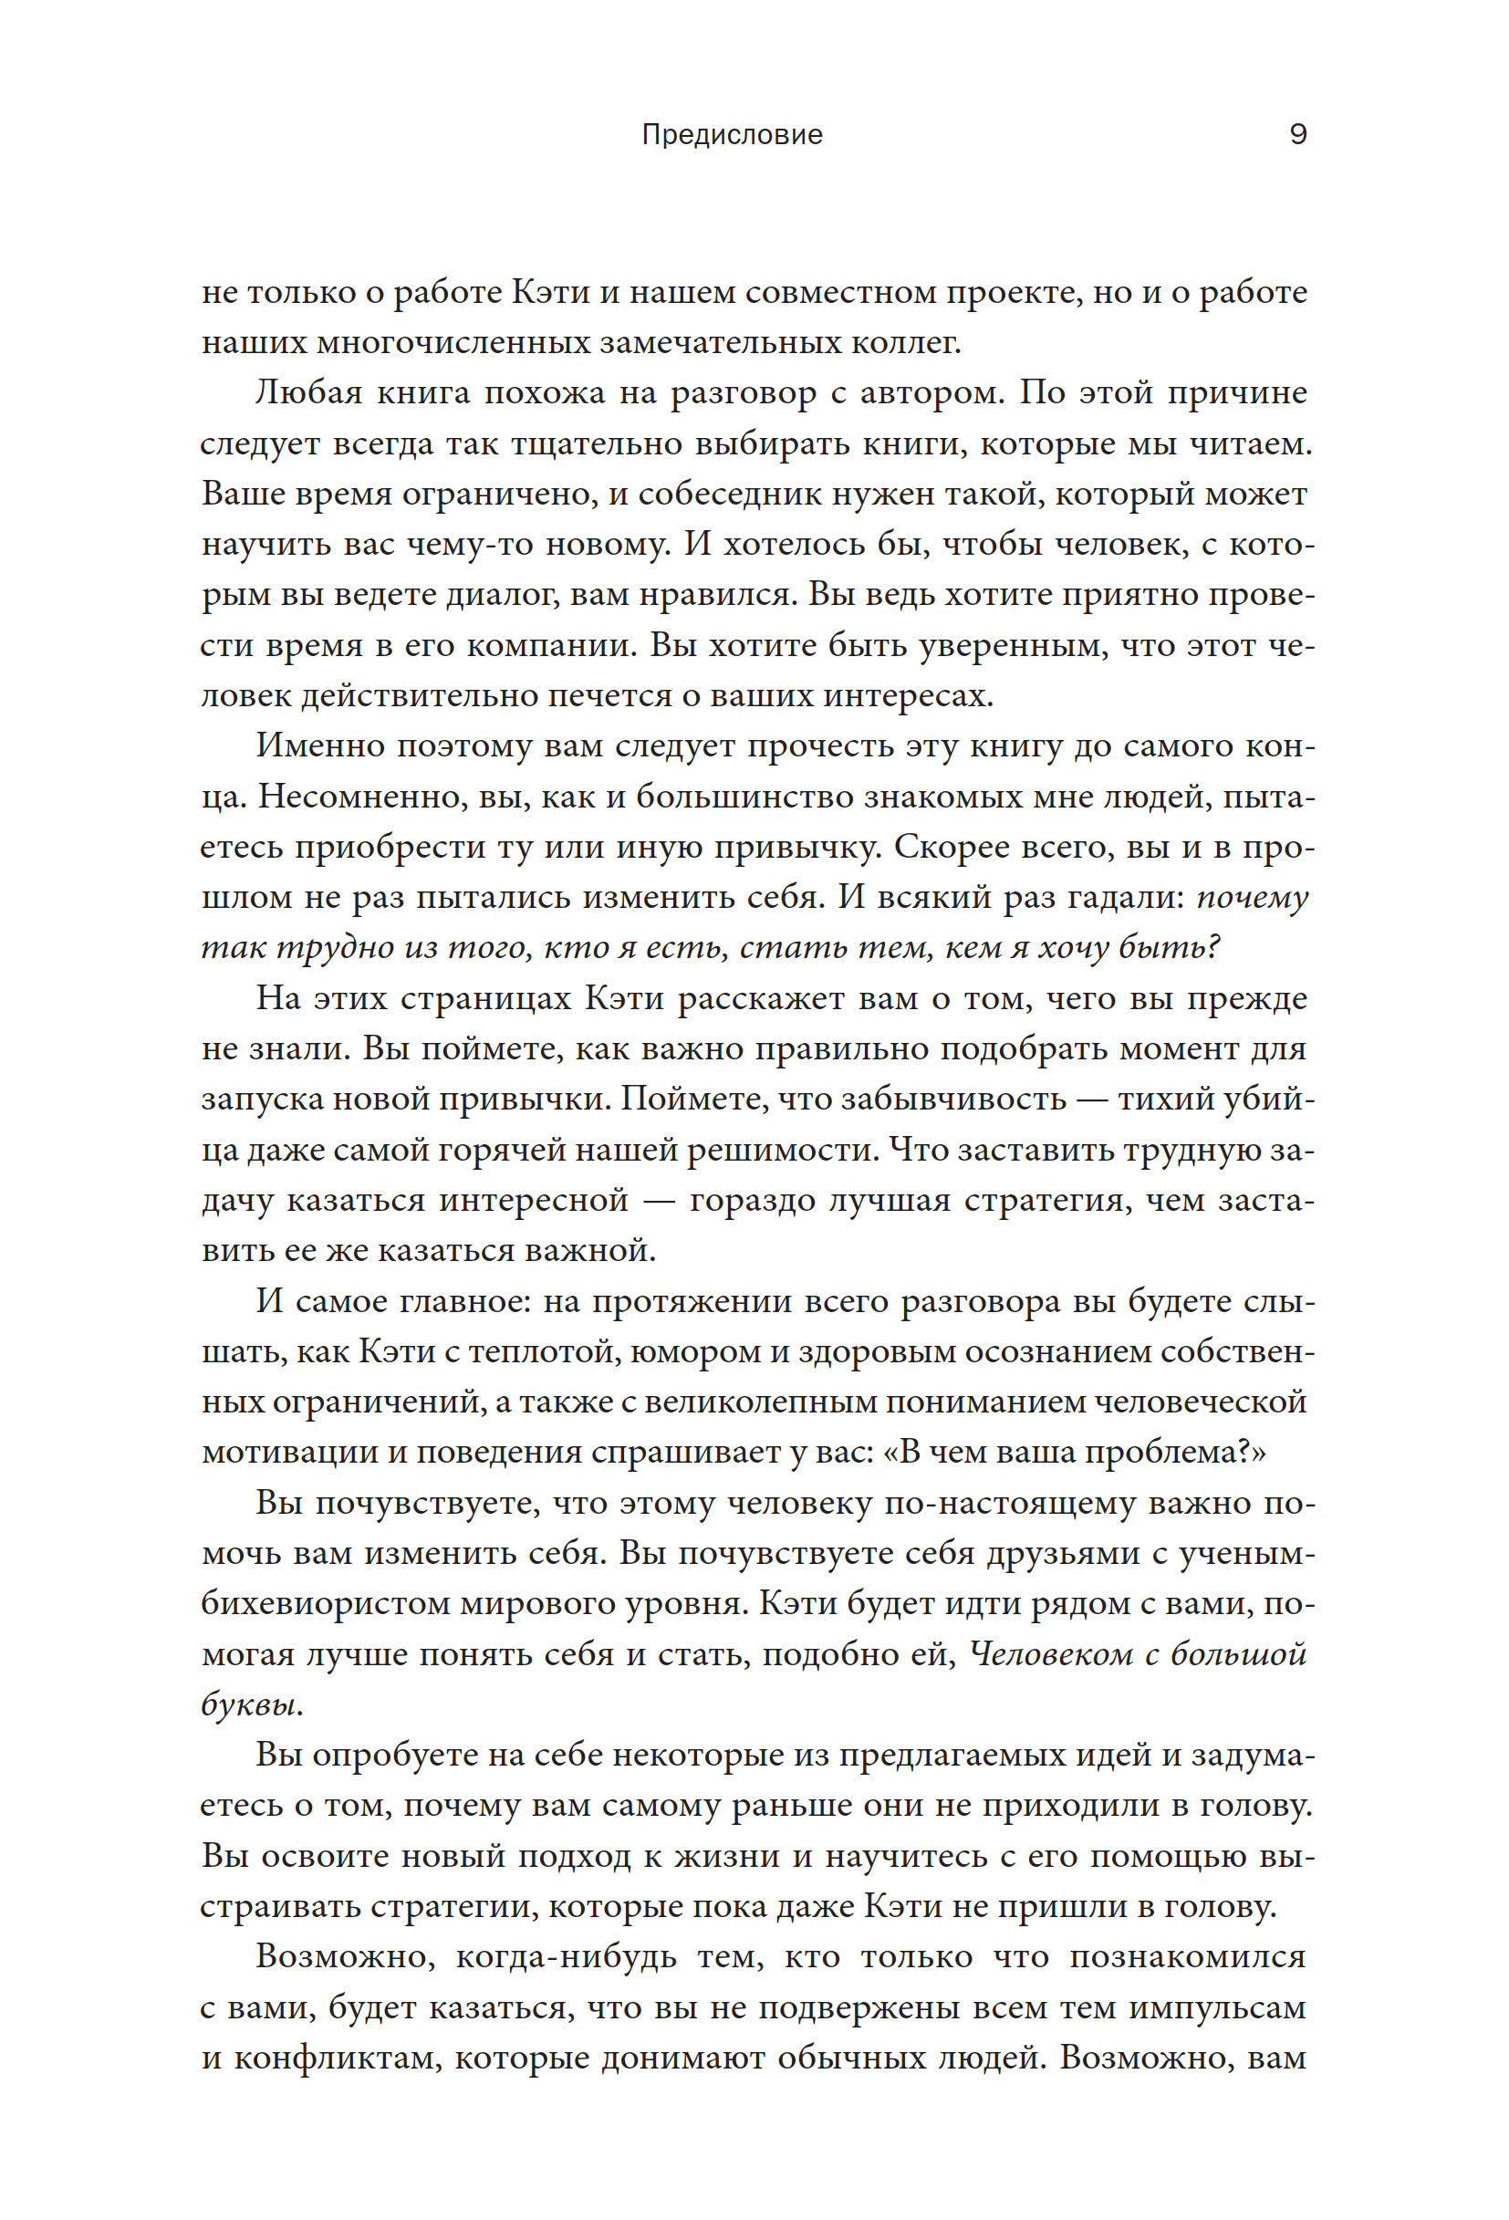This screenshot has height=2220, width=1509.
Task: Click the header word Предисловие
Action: click(732, 135)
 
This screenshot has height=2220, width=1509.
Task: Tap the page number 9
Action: click(1298, 134)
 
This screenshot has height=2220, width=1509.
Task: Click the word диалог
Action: click(502, 594)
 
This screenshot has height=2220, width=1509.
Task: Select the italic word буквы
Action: click(250, 1704)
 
